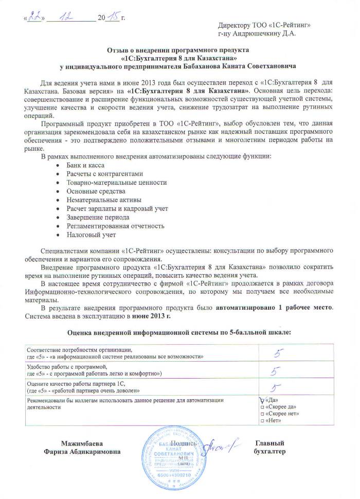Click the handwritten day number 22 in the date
[x=34, y=17]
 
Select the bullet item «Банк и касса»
[x=85, y=165]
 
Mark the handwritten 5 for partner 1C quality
[x=276, y=388]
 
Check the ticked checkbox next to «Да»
[x=263, y=400]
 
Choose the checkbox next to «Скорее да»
[x=263, y=406]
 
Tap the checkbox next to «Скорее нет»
[x=263, y=414]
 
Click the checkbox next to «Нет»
[x=263, y=421]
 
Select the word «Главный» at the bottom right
[x=269, y=443]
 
